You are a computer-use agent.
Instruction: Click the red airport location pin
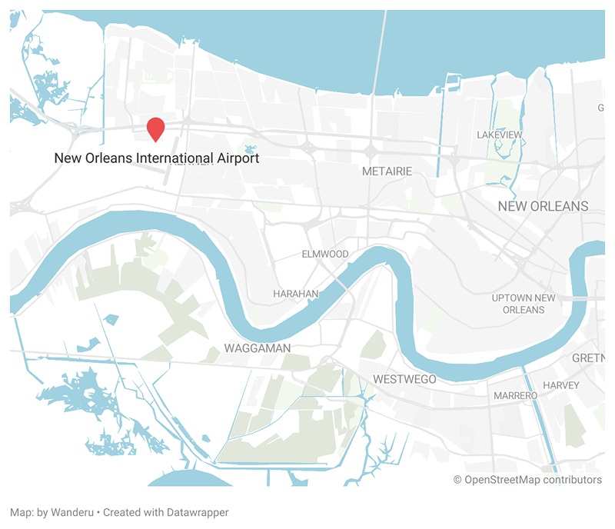point(156,128)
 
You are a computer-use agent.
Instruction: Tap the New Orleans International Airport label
point(156,158)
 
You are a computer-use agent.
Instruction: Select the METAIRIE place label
point(387,171)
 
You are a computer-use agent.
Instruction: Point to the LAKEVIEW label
point(500,135)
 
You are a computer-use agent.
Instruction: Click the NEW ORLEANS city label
point(543,206)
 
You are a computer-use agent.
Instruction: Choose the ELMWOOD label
point(325,254)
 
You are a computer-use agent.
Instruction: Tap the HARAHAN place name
point(296,294)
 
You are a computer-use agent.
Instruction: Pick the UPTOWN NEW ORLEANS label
point(524,303)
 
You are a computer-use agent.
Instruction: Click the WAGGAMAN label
point(258,348)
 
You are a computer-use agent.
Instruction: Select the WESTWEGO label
point(404,379)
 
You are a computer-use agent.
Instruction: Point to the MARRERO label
point(515,395)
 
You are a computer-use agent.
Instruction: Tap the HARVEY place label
point(560,384)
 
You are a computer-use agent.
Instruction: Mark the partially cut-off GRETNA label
point(590,359)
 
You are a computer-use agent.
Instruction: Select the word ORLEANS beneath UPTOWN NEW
point(524,309)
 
